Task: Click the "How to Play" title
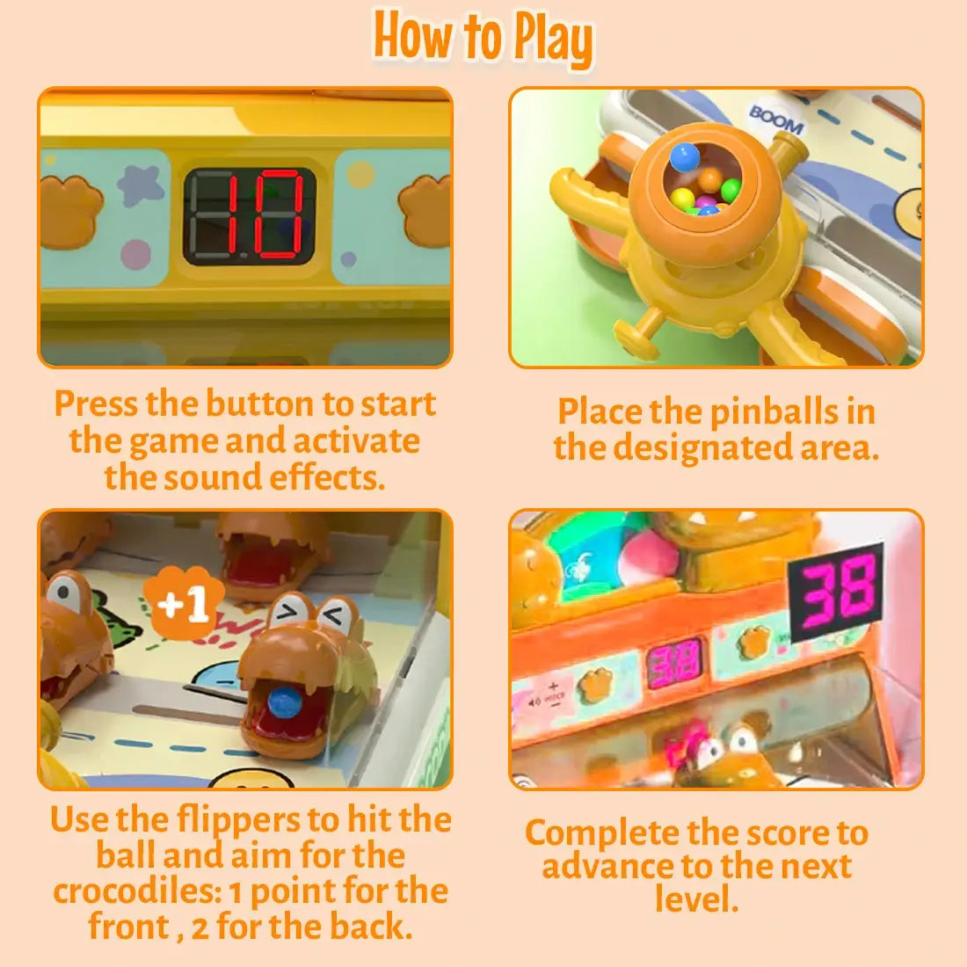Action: pyautogui.click(x=484, y=38)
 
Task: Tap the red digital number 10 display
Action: pyautogui.click(x=250, y=215)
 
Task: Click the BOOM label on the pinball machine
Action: pyautogui.click(x=776, y=119)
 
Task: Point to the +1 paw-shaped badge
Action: pyautogui.click(x=183, y=601)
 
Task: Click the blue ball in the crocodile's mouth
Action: pyautogui.click(x=283, y=703)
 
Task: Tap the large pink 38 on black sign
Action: pyautogui.click(x=836, y=593)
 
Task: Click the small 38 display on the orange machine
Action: pyautogui.click(x=675, y=662)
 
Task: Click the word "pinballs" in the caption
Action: pyautogui.click(x=774, y=412)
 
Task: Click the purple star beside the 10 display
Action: pyautogui.click(x=141, y=184)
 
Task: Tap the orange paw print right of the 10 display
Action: pyautogui.click(x=425, y=210)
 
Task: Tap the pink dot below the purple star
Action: pyautogui.click(x=135, y=254)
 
